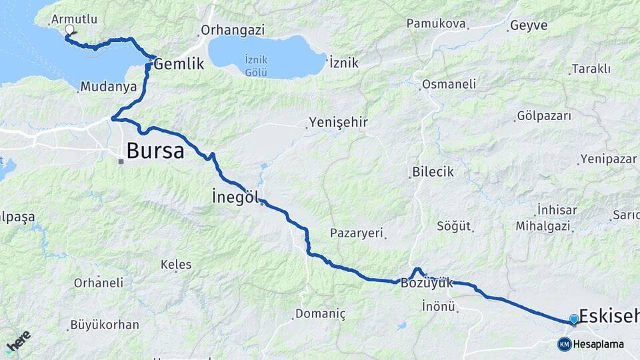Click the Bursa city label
155,151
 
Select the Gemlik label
178,65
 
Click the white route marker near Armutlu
69,30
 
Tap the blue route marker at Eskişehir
574,320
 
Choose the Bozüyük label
427,283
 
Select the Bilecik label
433,171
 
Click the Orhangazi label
233,30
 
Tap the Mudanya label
108,87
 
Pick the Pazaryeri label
357,233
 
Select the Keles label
176,264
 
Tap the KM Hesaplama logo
591,344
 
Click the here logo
18,342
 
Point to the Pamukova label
435,23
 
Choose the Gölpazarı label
544,116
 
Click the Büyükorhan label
105,325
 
